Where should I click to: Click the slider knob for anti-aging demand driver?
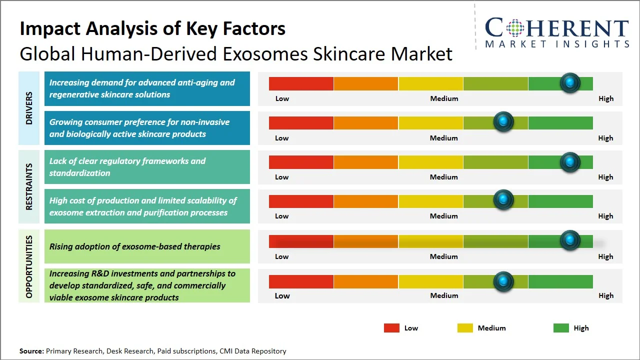click(570, 83)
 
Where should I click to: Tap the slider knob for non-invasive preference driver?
click(503, 122)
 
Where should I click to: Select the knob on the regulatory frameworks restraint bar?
click(570, 161)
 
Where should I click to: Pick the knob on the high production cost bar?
click(503, 200)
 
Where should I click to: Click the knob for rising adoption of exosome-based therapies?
click(570, 240)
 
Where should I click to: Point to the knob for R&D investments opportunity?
click(503, 281)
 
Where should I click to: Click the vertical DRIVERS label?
click(28, 108)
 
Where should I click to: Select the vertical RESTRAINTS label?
click(28, 186)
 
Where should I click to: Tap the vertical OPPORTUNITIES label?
click(28, 266)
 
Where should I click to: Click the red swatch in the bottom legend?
click(391, 328)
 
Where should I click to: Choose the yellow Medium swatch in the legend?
click(465, 328)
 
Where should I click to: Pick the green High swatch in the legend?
click(561, 328)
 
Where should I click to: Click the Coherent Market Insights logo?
click(556, 32)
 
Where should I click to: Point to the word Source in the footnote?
click(31, 351)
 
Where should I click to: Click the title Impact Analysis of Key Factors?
click(152, 28)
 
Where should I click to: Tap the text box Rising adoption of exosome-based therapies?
click(147, 246)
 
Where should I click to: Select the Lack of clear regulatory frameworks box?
click(147, 167)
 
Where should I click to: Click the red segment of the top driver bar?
click(301, 83)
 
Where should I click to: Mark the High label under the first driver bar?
click(606, 98)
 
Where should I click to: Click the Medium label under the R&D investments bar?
click(444, 295)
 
